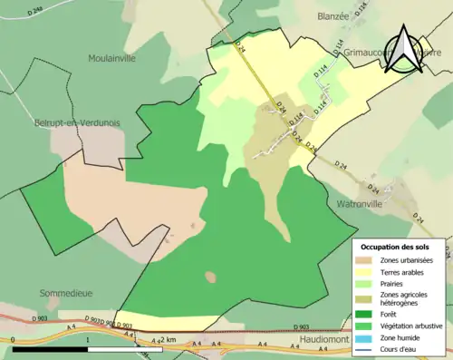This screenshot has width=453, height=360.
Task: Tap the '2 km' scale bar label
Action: click(x=169, y=339)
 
